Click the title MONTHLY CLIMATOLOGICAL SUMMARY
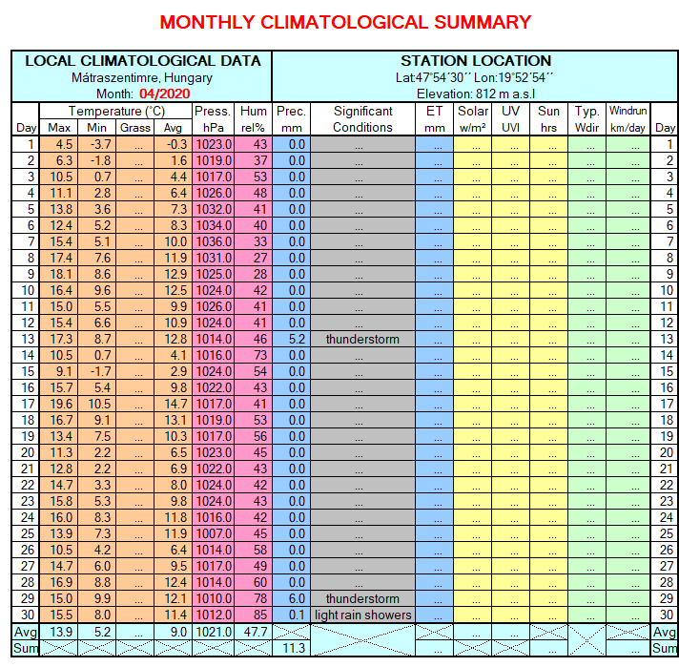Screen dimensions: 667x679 click(345, 22)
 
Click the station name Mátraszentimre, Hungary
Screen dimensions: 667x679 click(142, 77)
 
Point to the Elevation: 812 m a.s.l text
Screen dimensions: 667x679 click(475, 94)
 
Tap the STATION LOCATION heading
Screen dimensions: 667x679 click(475, 61)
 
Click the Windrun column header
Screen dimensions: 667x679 click(628, 118)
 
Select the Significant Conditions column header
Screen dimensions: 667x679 click(362, 118)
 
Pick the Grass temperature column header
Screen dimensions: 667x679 click(135, 127)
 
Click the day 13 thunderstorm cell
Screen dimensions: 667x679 click(362, 339)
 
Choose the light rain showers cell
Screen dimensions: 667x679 click(362, 615)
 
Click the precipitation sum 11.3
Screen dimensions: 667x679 click(293, 649)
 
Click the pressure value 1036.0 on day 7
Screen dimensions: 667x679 click(213, 241)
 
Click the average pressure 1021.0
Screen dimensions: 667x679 click(213, 632)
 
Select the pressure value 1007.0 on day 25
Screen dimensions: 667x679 click(213, 533)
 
